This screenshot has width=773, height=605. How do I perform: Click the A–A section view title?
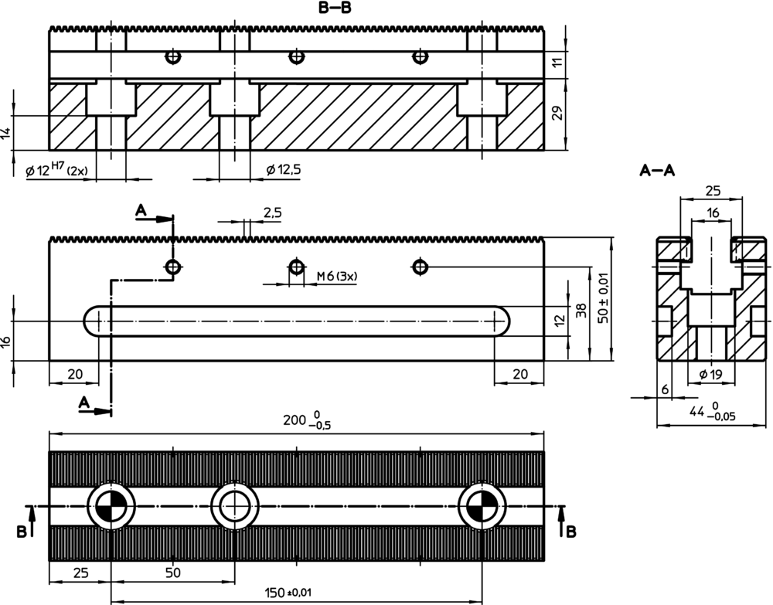click(658, 171)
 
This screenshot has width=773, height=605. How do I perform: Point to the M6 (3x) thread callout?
click(342, 276)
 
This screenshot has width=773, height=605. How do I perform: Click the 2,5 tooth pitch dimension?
click(272, 212)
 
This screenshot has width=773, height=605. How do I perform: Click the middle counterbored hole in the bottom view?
click(233, 506)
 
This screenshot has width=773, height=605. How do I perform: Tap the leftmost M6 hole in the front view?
click(173, 267)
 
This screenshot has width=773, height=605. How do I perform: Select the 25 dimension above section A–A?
click(712, 190)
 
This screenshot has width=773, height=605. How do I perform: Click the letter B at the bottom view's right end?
click(570, 531)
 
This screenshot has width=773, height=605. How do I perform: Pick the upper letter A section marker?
click(140, 209)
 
